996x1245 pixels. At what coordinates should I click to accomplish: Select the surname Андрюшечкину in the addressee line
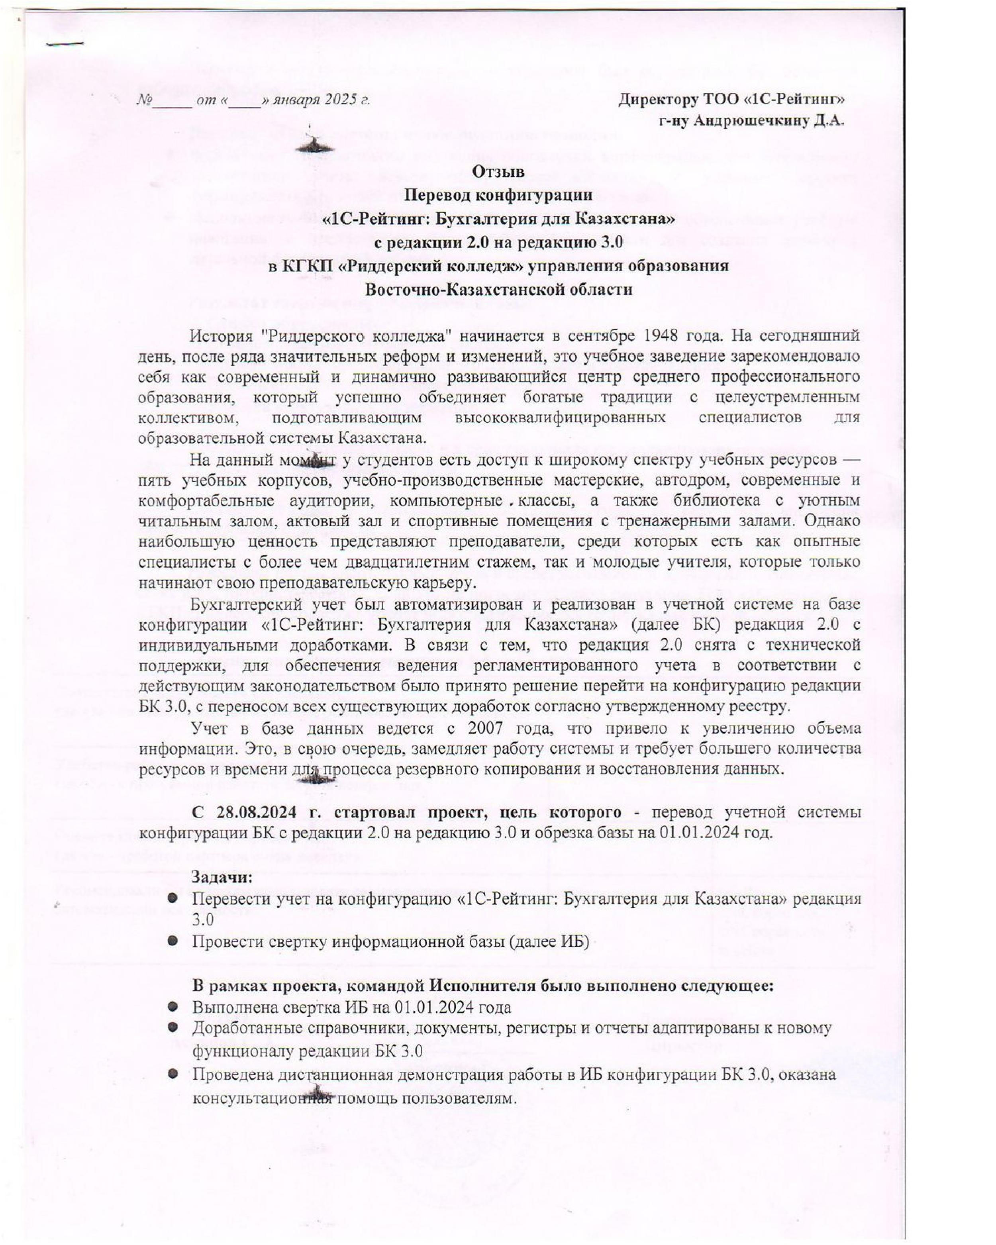tap(752, 121)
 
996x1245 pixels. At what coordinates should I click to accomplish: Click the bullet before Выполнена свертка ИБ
tap(172, 1007)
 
